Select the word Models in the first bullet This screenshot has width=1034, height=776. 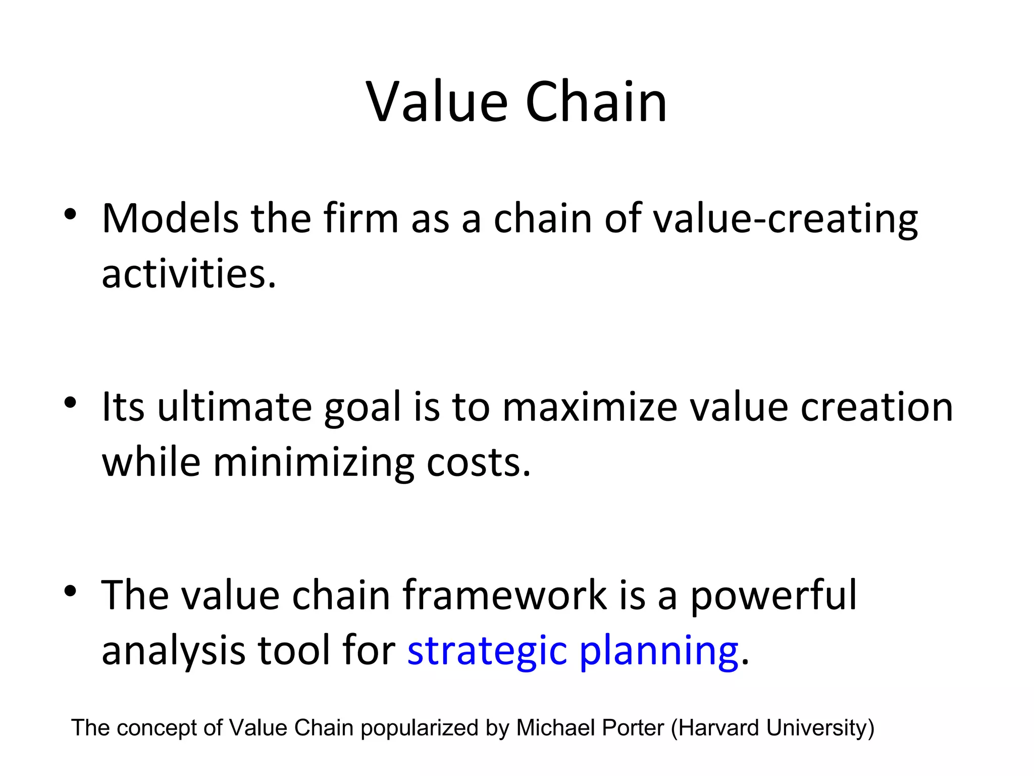[170, 218]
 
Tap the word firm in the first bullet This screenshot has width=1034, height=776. [361, 218]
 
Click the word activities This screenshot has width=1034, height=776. [189, 274]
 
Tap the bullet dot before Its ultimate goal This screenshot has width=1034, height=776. [70, 403]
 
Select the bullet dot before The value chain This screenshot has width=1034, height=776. [70, 591]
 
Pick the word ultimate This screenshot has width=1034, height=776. [234, 407]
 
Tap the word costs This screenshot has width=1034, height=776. [478, 463]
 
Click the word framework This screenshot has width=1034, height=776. [504, 595]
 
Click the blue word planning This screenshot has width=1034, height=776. [658, 652]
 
